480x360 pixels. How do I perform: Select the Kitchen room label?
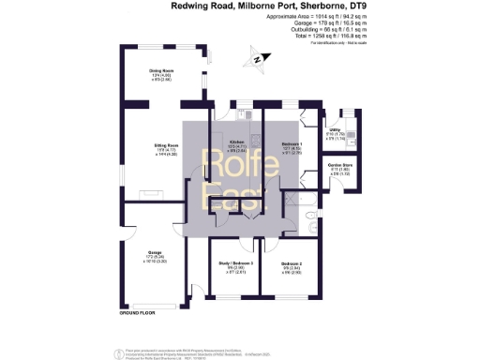coord(223,142)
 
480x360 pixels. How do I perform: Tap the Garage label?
coord(155,253)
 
